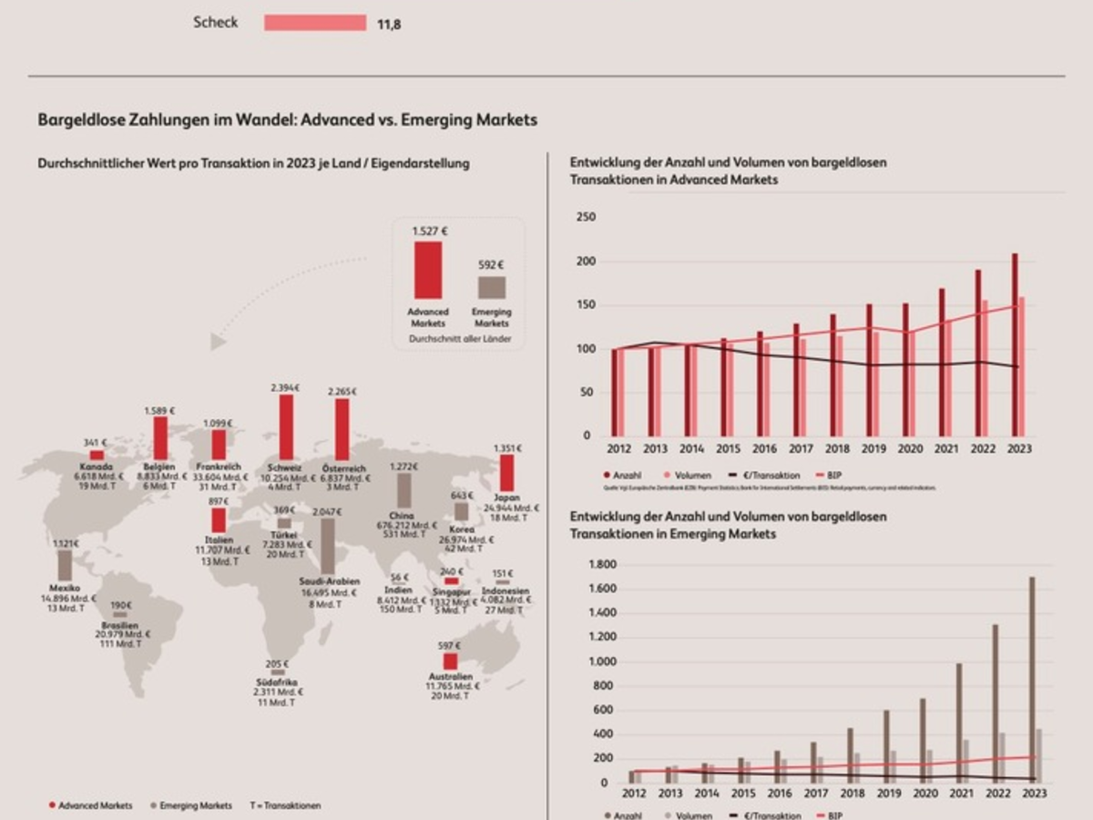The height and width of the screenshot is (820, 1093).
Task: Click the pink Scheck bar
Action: pyautogui.click(x=315, y=23)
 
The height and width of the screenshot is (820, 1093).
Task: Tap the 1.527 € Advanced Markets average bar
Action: pyautogui.click(x=428, y=270)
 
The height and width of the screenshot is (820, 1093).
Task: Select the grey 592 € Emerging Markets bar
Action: pyautogui.click(x=492, y=287)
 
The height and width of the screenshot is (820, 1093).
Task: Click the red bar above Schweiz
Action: pyautogui.click(x=286, y=427)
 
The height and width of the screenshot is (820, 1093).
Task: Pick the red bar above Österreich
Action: pyautogui.click(x=342, y=429)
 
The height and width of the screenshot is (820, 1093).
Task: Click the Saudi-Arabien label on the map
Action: pyautogui.click(x=329, y=581)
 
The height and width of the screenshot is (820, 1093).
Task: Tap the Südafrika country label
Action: pyautogui.click(x=277, y=682)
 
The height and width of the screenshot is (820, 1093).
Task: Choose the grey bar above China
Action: pyautogui.click(x=403, y=491)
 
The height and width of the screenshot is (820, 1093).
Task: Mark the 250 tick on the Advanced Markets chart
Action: pyautogui.click(x=586, y=217)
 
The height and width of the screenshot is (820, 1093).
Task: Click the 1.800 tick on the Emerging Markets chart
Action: pyautogui.click(x=602, y=565)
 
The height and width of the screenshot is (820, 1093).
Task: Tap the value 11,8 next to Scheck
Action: pyautogui.click(x=389, y=25)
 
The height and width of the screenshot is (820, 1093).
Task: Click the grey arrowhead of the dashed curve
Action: pyautogui.click(x=217, y=342)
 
